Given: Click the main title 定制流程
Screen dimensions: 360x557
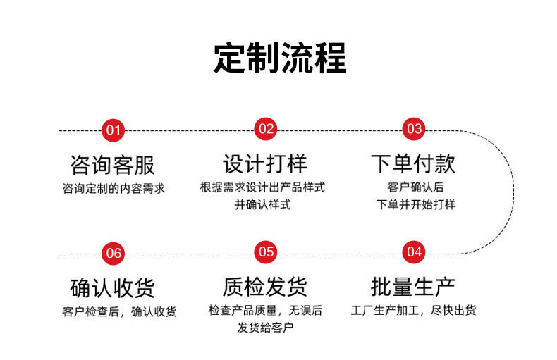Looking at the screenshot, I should coord(281,58).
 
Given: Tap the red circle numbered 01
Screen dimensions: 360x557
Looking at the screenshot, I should coord(113,130).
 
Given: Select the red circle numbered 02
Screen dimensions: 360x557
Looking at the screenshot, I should coord(266,129).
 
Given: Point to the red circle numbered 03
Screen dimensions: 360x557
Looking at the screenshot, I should coord(414,129).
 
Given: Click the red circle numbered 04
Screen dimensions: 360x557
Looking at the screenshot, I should coord(414,252).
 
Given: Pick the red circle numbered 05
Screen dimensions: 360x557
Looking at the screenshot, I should coord(266,252).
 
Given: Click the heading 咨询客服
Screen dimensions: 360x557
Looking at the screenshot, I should coord(113,165).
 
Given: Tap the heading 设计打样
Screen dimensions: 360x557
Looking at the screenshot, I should coord(265,163).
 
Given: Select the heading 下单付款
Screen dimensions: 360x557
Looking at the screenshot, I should coord(413,163).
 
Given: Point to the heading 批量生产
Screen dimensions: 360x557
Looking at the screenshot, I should coord(413,287).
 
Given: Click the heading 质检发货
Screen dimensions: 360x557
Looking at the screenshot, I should coord(265,287).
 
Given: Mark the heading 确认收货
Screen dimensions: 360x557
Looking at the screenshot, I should coord(113,288).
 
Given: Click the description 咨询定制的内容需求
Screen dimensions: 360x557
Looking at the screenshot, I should coord(114,189).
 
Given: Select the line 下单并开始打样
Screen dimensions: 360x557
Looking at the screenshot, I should coord(415,205).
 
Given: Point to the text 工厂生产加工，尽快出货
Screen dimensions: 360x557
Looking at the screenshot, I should coord(414,311).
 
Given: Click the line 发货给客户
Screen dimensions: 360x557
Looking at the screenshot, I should coord(265,328).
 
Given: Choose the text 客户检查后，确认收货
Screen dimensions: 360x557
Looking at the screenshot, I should coord(119,311).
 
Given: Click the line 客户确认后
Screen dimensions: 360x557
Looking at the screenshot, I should coord(415,187).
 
